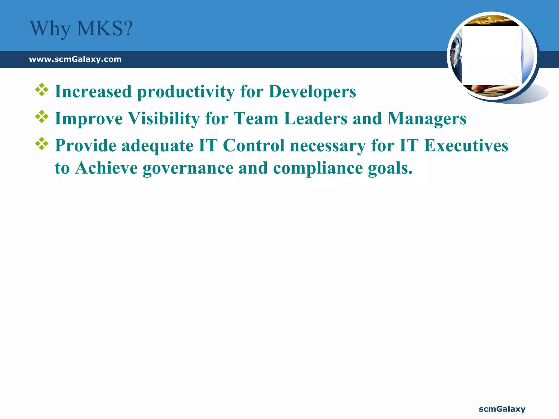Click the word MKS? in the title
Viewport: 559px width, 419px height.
[x=105, y=29]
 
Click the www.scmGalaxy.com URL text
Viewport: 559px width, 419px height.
[x=75, y=59]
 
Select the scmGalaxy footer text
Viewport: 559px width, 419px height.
[x=502, y=409]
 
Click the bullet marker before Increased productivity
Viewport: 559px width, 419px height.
[x=42, y=90]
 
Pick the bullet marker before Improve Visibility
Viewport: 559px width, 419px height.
[x=42, y=117]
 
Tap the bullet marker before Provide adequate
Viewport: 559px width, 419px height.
[x=42, y=144]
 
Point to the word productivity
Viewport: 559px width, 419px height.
[x=186, y=92]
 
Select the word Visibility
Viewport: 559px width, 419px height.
[x=164, y=119]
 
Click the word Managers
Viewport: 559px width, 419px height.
[x=427, y=119]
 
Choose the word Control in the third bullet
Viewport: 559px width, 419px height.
[x=254, y=145]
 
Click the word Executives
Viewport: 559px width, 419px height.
[x=466, y=145]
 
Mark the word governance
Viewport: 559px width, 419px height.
[x=188, y=168]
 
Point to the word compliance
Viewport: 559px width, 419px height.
[x=318, y=168]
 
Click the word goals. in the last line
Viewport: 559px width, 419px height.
[x=390, y=168]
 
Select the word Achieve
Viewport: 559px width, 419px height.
[x=106, y=168]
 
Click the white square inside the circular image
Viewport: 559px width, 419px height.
[x=491, y=56]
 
